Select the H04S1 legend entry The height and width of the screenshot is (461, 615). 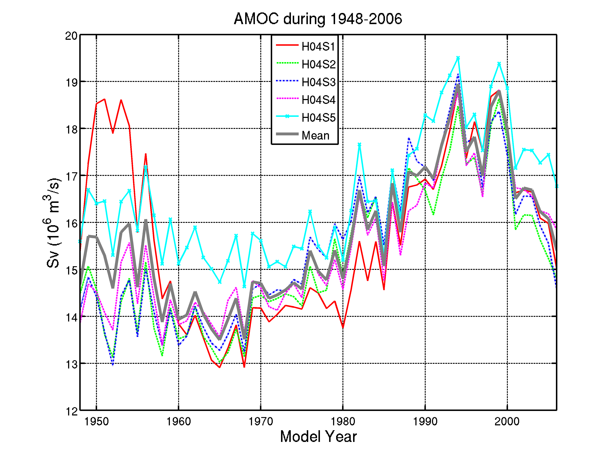(x=318, y=47)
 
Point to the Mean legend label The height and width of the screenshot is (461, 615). (x=316, y=136)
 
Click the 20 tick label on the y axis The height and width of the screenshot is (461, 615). (x=71, y=36)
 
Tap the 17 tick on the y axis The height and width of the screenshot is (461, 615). (x=71, y=176)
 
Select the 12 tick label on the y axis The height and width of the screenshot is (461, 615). (x=71, y=411)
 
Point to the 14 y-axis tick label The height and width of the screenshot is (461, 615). (x=71, y=317)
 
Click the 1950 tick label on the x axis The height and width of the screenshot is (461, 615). (x=97, y=422)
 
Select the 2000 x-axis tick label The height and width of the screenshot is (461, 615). (x=507, y=422)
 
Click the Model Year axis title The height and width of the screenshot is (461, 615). (x=318, y=437)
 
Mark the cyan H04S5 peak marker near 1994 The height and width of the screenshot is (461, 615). (x=458, y=58)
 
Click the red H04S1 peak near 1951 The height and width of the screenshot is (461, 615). (x=104, y=99)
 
